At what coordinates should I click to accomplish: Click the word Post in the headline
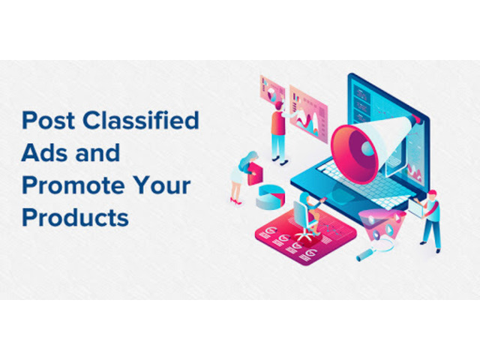click(x=48, y=120)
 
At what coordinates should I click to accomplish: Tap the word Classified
click(x=141, y=120)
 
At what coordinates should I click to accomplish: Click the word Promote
click(x=73, y=186)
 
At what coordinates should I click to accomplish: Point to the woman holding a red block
click(x=242, y=178)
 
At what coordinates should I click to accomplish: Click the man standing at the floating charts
click(x=278, y=132)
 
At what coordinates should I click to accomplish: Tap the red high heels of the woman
click(x=235, y=202)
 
